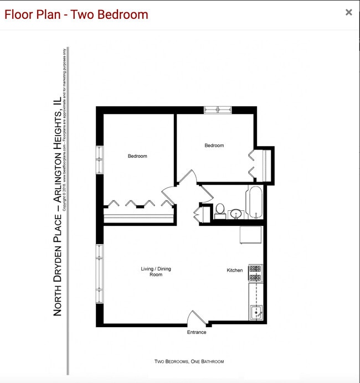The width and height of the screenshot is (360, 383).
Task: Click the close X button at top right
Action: (x=348, y=12)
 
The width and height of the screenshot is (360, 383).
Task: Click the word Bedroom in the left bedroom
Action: (x=137, y=156)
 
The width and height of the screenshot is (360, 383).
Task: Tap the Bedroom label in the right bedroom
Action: (x=214, y=146)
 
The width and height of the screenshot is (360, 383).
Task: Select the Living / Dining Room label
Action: (x=156, y=272)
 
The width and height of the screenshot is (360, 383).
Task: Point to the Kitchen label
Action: (x=235, y=271)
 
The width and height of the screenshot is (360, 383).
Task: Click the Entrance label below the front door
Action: (x=197, y=333)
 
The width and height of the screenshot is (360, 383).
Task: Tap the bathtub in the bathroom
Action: (x=256, y=203)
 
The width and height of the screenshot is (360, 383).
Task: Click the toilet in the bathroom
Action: (x=220, y=210)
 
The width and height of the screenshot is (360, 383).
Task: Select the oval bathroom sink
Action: (x=236, y=213)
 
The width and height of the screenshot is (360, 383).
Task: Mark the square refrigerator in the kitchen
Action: (x=250, y=235)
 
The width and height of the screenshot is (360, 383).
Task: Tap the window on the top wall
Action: (x=218, y=110)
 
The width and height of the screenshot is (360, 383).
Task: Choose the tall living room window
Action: (x=100, y=274)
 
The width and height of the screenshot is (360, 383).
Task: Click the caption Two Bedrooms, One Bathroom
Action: (x=189, y=361)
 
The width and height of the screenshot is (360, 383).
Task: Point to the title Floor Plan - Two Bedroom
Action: (x=76, y=14)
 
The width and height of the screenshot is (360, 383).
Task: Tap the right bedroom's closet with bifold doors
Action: (x=263, y=164)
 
